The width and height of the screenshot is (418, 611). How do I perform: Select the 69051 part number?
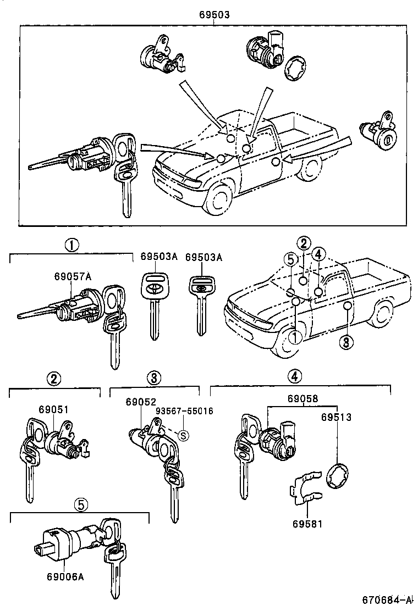(53, 409)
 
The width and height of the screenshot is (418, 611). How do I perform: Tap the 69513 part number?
(336, 417)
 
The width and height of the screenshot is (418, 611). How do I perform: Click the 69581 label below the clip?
(307, 524)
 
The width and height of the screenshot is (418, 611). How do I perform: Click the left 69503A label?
(159, 257)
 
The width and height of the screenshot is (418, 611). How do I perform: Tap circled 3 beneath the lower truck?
(345, 343)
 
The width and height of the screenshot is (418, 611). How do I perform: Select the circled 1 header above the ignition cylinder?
(71, 245)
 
